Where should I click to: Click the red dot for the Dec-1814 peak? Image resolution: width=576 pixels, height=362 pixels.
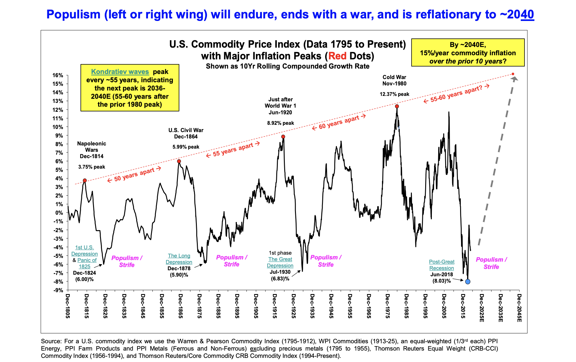[x=85, y=180]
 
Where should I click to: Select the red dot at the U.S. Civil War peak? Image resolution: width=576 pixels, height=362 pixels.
[x=179, y=161]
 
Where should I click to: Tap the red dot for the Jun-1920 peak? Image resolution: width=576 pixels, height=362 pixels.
[x=283, y=137]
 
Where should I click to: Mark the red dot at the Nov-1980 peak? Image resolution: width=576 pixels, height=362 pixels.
[x=397, y=106]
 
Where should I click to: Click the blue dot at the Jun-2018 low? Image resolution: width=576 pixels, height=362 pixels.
[x=467, y=282]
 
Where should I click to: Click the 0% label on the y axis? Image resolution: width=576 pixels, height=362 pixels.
[x=59, y=213]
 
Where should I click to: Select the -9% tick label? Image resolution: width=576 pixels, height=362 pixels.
[x=58, y=290]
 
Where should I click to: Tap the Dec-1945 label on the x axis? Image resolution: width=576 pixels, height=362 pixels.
[x=331, y=306]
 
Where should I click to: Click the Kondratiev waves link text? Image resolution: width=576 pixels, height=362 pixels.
[x=120, y=72]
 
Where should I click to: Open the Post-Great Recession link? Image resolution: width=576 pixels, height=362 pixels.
[x=442, y=265]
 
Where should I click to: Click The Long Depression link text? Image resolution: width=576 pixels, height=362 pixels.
[x=179, y=259]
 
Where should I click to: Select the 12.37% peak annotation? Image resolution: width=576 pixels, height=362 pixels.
[x=394, y=94]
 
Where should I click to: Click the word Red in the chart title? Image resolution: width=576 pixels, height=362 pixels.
[x=337, y=56]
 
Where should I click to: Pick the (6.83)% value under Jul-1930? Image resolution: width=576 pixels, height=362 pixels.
[x=280, y=278]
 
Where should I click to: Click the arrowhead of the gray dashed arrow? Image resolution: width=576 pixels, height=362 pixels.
[x=515, y=78]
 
